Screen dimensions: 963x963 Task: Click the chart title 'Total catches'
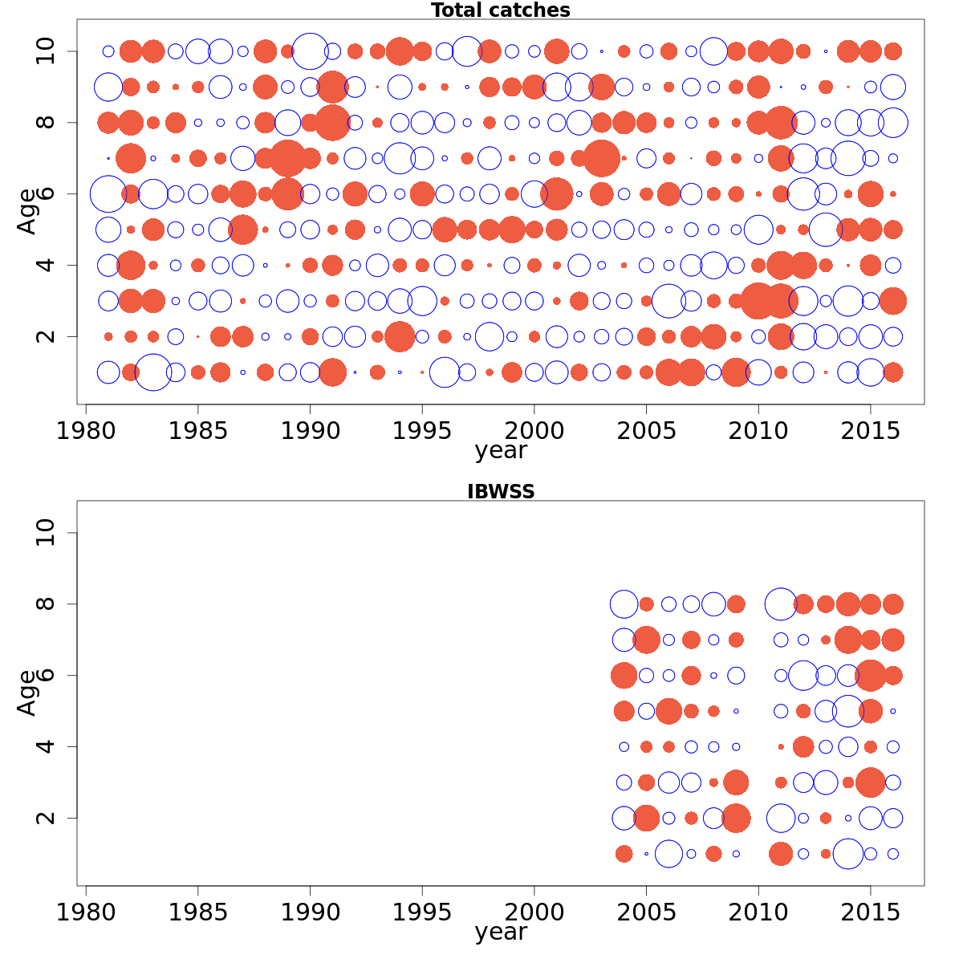coord(500,10)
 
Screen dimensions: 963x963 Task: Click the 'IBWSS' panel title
coord(500,492)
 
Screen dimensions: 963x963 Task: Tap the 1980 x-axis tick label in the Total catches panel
coord(86,431)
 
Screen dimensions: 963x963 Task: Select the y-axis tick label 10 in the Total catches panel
coord(47,51)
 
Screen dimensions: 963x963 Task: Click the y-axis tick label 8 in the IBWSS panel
coord(47,604)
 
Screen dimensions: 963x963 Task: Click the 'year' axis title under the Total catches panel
coord(500,451)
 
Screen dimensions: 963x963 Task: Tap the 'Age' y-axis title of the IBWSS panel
coord(26,693)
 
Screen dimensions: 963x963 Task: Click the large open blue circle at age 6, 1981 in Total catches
coord(108,194)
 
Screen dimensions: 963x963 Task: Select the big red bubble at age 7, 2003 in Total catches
coord(601,158)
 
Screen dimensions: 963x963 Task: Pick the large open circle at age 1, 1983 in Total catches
coord(153,372)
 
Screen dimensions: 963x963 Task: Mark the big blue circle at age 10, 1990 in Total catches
coord(310,51)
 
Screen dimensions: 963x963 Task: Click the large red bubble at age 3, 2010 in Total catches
coord(758,301)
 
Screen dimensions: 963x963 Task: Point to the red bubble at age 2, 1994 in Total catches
coord(400,336)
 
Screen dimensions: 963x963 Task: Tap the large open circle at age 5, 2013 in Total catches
coord(825,230)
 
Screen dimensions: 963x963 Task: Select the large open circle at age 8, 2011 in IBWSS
coord(780,604)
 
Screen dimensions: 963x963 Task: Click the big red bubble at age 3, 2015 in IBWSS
coord(870,782)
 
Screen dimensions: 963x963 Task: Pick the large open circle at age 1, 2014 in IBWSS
coord(847,854)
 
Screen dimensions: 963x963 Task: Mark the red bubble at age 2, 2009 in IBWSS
coord(735,819)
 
